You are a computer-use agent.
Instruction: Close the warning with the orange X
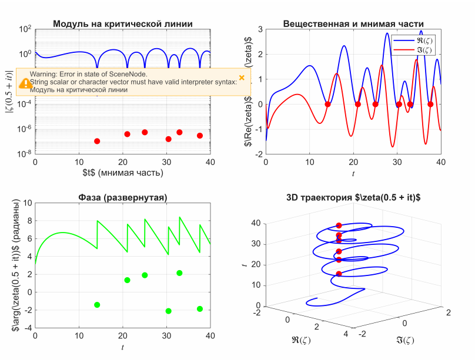242,78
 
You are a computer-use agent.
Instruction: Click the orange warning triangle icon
25,83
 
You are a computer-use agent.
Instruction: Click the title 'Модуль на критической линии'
123,24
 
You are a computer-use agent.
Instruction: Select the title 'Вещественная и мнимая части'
353,24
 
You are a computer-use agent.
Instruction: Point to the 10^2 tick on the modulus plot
25,29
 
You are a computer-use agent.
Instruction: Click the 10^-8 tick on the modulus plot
25,154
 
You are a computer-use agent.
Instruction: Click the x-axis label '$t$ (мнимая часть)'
123,173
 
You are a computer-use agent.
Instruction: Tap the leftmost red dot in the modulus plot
97,141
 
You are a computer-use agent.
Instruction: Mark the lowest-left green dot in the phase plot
97,305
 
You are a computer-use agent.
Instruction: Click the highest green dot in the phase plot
179,273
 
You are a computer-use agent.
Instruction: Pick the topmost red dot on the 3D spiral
339,226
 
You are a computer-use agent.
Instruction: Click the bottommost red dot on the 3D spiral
339,274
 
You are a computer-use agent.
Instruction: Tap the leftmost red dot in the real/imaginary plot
328,105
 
